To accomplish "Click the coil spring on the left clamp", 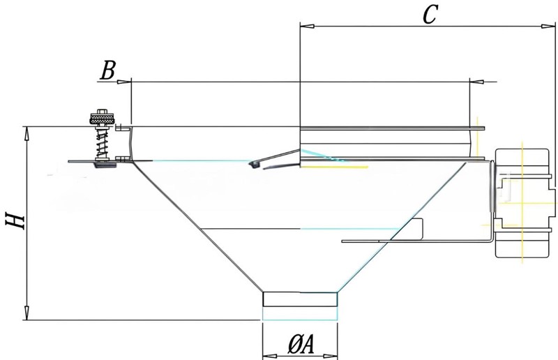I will (x=101, y=144).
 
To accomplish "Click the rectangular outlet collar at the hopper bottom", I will (x=300, y=299).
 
